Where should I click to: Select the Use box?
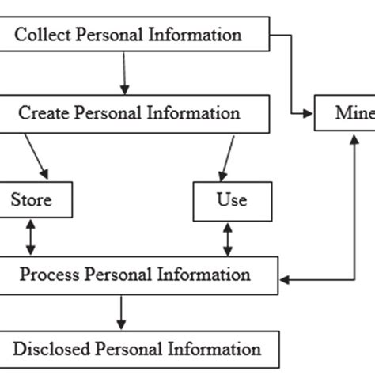pyautogui.click(x=231, y=200)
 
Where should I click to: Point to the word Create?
pyautogui.click(x=45, y=113)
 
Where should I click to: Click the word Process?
pyautogui.click(x=51, y=275)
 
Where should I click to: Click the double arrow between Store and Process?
pyautogui.click(x=30, y=237)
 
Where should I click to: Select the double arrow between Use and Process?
pyautogui.click(x=228, y=237)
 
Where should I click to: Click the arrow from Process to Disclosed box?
pyautogui.click(x=121, y=313)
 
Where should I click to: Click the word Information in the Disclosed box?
pyautogui.click(x=214, y=349)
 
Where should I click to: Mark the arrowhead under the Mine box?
pyautogui.click(x=351, y=138)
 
